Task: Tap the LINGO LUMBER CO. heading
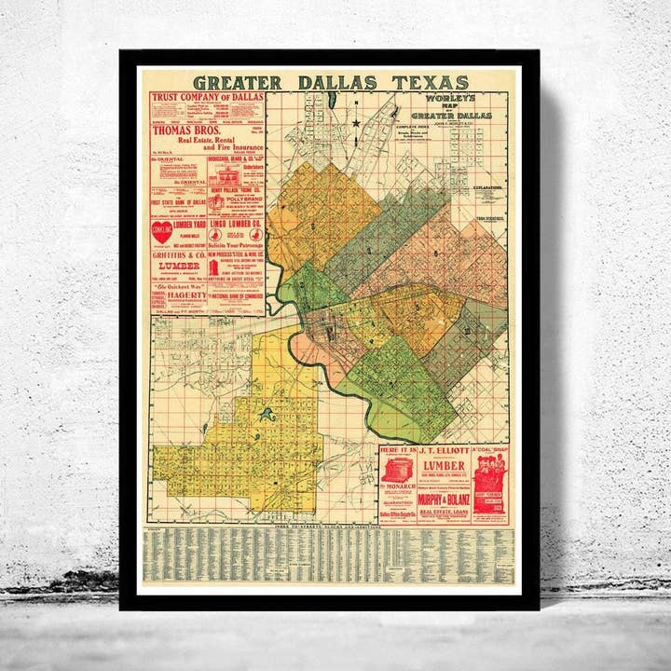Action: (x=237, y=224)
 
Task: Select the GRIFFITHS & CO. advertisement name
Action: (x=179, y=254)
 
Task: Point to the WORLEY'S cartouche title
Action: (x=451, y=98)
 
